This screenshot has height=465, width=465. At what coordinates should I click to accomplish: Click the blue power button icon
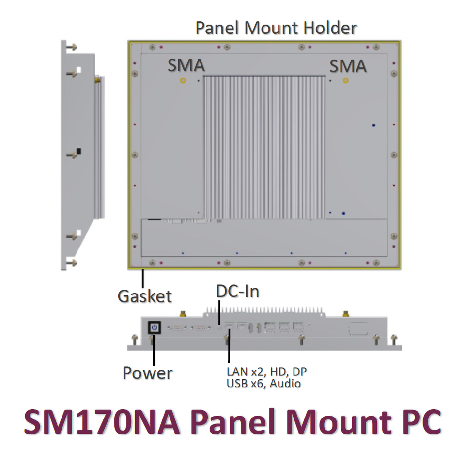[154, 328]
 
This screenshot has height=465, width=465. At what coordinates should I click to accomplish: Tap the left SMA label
[186, 65]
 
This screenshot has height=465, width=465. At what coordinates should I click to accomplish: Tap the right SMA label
[348, 65]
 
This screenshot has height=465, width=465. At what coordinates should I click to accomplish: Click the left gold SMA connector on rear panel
[183, 80]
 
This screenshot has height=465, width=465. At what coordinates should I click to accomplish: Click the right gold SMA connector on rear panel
[345, 80]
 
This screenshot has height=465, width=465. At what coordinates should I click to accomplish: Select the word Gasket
[145, 295]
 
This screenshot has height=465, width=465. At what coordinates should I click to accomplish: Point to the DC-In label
[237, 291]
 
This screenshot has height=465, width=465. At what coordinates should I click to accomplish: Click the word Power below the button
[147, 373]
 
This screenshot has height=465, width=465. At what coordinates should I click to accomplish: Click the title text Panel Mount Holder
[276, 28]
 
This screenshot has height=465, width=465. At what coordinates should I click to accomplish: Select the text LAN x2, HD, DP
[266, 372]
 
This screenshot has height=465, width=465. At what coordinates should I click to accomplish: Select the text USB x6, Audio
[263, 384]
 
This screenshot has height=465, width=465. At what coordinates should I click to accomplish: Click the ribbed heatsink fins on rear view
[264, 145]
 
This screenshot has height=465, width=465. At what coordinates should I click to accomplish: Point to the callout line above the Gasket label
[143, 278]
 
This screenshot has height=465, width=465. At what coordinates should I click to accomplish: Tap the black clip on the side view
[78, 152]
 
